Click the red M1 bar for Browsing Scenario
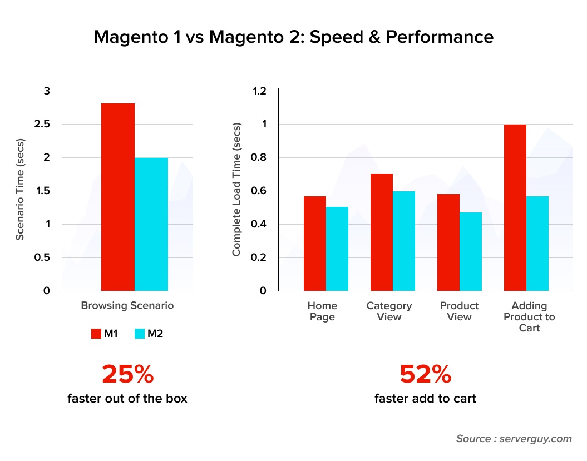point(118,197)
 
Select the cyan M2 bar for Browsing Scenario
point(151,224)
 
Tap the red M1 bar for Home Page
point(315,244)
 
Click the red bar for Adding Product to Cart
point(515,207)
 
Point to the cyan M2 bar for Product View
point(471,251)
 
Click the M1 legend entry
point(103,334)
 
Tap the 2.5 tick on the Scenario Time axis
point(42,124)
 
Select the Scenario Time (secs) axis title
point(20,191)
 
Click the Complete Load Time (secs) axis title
point(236,191)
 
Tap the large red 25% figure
point(127,374)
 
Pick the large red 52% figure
point(425,374)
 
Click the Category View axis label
point(389,311)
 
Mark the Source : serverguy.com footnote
point(514,439)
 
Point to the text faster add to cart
point(425,399)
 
